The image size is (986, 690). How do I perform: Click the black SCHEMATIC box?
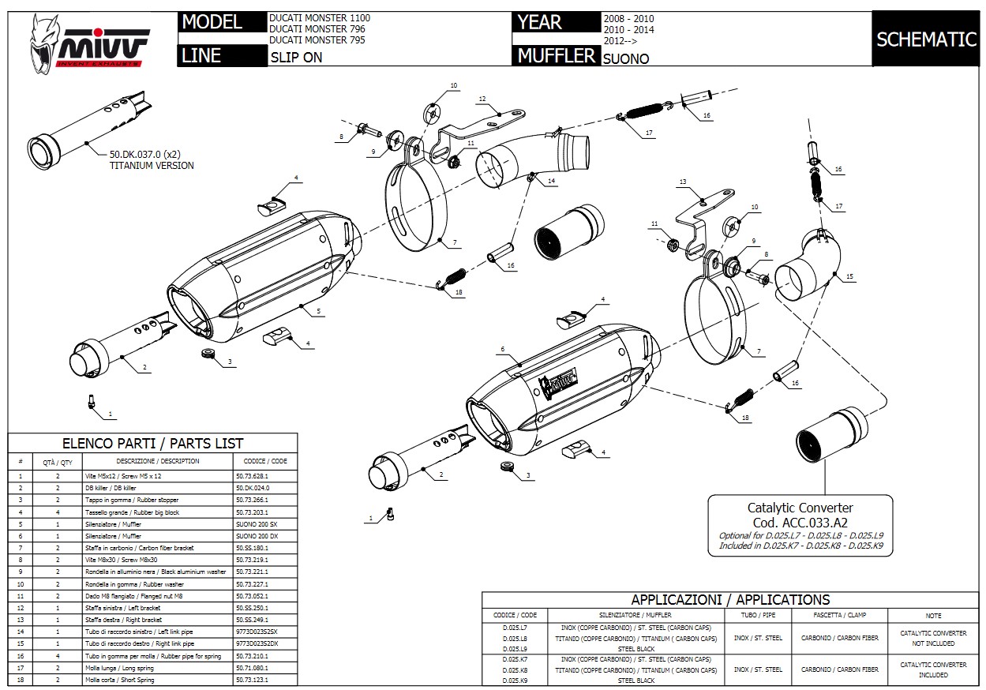click(926, 39)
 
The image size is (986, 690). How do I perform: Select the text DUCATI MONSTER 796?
click(317, 29)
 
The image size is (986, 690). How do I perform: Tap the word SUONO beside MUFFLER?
click(626, 58)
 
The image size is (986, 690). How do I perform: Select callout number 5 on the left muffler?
click(318, 312)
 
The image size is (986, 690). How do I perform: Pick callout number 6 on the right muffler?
click(502, 349)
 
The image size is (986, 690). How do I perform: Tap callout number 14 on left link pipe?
click(551, 182)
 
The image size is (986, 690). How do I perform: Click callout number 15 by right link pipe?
click(849, 276)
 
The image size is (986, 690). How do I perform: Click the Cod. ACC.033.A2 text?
click(800, 522)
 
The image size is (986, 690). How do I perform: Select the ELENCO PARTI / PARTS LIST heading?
click(152, 443)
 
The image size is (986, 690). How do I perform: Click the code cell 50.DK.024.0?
click(253, 488)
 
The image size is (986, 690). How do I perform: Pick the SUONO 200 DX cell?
click(257, 535)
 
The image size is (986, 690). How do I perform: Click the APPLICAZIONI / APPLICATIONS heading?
click(730, 599)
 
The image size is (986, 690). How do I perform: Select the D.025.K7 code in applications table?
click(515, 658)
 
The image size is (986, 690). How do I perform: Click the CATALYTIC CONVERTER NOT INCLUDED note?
click(933, 638)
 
